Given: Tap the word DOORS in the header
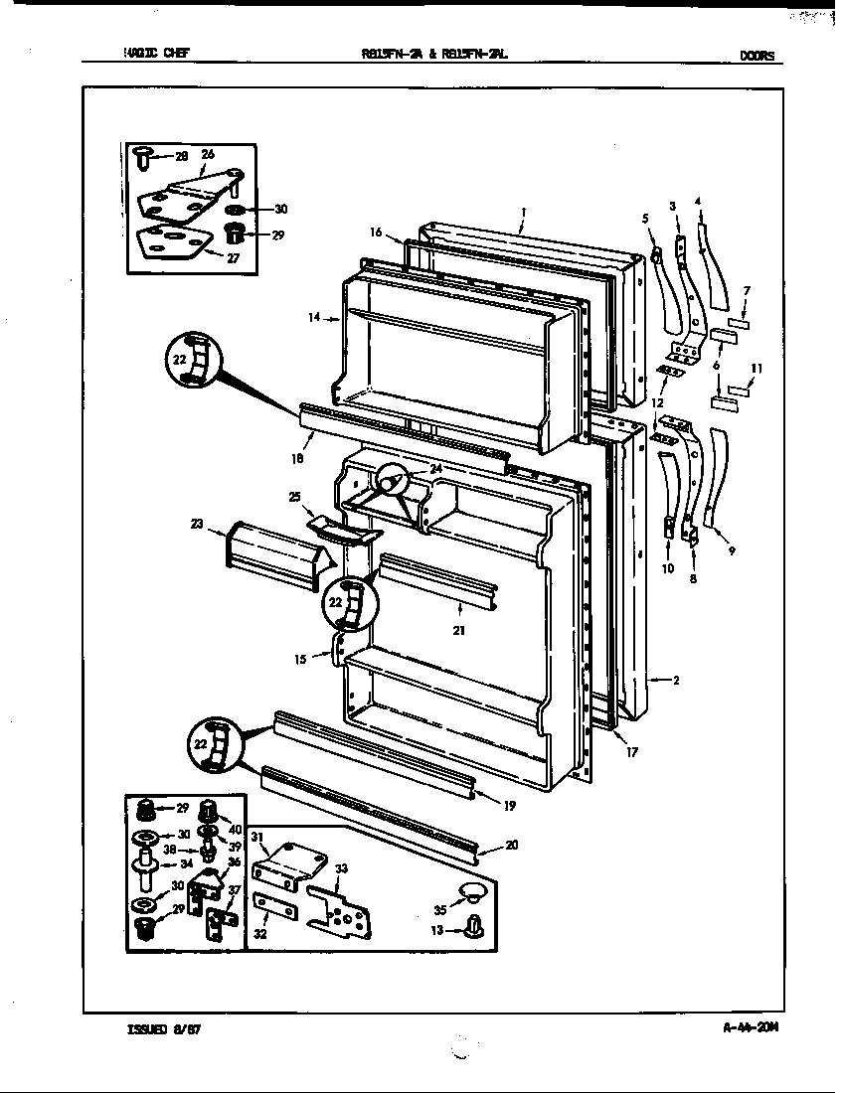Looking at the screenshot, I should [x=757, y=57].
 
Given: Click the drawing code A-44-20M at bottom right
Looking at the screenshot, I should [x=750, y=1029].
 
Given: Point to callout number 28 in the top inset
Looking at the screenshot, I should [x=181, y=157].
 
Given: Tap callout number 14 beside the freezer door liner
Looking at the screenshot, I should [x=314, y=318].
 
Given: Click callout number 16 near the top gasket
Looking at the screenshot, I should [x=376, y=232].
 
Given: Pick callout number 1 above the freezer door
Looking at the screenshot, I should [x=523, y=211].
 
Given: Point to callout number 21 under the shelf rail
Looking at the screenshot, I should [x=459, y=631].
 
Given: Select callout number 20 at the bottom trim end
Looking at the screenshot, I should [x=511, y=847].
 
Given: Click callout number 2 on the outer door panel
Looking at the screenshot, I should [x=675, y=681].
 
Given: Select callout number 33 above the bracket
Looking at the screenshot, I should [x=342, y=869].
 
